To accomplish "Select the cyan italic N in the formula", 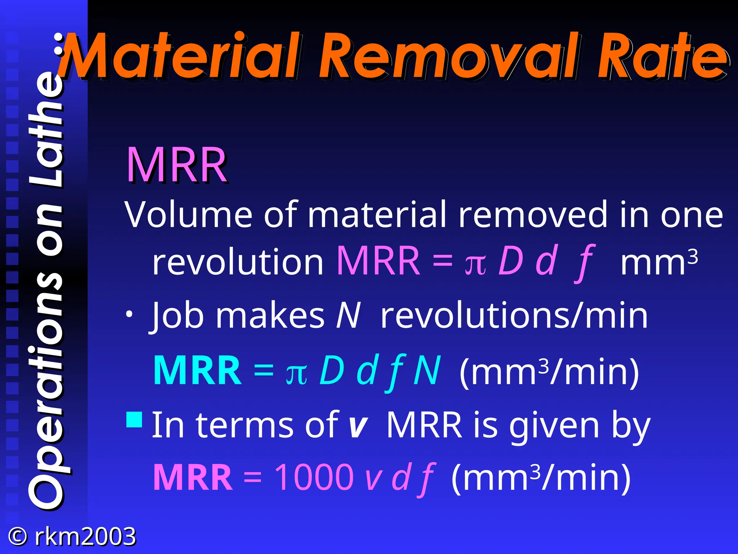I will click(427, 370).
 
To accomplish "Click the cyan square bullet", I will click(134, 419).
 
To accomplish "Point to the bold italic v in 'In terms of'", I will click(358, 427).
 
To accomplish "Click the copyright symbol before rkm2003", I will click(17, 536).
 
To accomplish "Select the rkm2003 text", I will click(85, 536).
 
